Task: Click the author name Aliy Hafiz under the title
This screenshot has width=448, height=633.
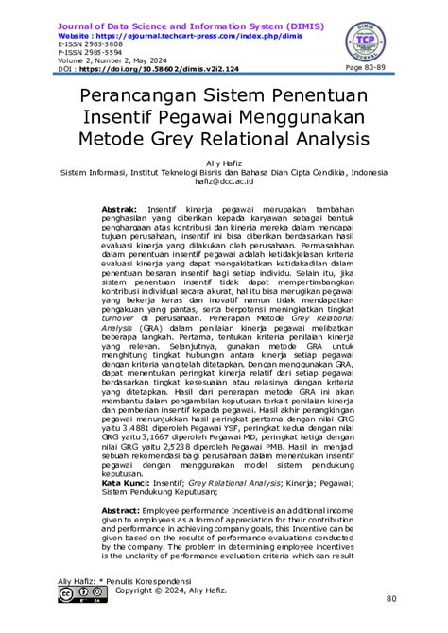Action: [x=224, y=163]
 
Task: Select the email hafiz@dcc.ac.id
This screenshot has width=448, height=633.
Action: [x=224, y=182]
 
